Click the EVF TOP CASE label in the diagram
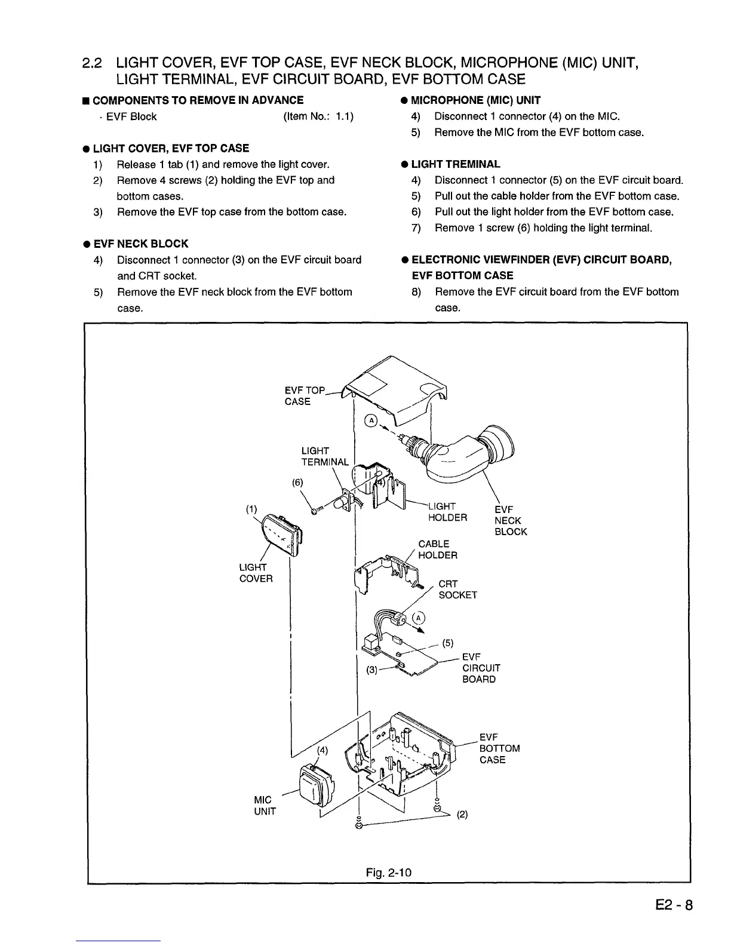pos(304,396)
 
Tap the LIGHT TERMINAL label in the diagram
pos(324,456)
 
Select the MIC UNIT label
pos(265,805)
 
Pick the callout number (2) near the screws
pos(462,814)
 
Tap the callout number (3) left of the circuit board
pos(372,670)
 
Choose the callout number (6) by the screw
pos(297,483)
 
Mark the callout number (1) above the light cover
pos(251,509)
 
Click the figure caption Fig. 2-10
pos(389,873)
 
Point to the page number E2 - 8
pos(672,905)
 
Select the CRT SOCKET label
pos(457,589)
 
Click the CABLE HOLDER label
pos(438,549)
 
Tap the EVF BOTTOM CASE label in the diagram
pos(499,748)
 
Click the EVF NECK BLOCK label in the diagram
pos(511,520)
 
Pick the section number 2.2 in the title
pos(93,63)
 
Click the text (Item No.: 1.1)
pos(318,116)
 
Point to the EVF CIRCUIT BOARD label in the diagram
pos(481,668)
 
